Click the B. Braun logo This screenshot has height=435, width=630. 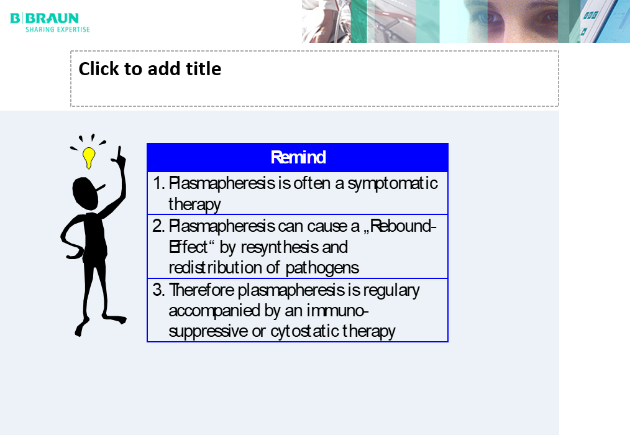[x=45, y=19]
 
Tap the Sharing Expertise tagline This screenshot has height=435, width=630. [x=58, y=29]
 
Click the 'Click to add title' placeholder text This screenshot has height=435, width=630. [x=150, y=69]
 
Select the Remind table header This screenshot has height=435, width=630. [x=298, y=157]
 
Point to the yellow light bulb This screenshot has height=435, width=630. [x=89, y=158]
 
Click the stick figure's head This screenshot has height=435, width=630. [x=86, y=193]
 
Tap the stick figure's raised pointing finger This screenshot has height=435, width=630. [x=119, y=153]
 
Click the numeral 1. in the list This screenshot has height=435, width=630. [x=159, y=183]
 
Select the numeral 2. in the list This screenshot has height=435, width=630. [x=158, y=226]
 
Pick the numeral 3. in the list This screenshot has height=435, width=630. [x=158, y=290]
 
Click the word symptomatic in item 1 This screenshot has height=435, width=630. [x=393, y=184]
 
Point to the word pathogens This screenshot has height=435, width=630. [x=322, y=268]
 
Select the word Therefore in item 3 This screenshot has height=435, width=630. [x=201, y=290]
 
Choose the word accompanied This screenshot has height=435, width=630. [x=214, y=311]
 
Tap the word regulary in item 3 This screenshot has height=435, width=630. [x=391, y=291]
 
